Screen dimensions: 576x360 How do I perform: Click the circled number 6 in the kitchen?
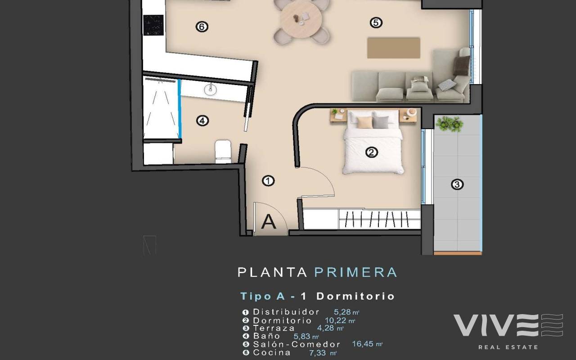click(x=202, y=27)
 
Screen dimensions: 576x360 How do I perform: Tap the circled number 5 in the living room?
click(x=376, y=22)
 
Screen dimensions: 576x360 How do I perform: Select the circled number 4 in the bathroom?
click(x=202, y=121)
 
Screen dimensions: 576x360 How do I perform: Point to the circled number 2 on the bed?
click(x=372, y=153)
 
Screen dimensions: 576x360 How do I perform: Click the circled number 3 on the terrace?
click(x=457, y=184)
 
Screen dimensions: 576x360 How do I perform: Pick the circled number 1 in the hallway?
click(x=268, y=181)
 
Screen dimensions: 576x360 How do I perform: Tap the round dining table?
click(x=301, y=19)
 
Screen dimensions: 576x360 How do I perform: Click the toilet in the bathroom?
click(x=223, y=152)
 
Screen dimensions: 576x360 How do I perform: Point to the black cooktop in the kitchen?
click(x=153, y=25)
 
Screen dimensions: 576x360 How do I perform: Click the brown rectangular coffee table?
click(x=393, y=48)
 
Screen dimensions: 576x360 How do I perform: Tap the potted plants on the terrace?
click(x=450, y=124)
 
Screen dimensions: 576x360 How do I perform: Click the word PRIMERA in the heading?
click(x=356, y=272)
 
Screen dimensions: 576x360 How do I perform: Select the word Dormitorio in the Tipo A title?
click(x=355, y=296)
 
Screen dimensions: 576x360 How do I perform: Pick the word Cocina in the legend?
click(x=272, y=352)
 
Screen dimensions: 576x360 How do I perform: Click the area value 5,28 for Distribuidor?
click(x=342, y=312)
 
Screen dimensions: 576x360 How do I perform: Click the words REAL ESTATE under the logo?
click(x=508, y=347)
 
